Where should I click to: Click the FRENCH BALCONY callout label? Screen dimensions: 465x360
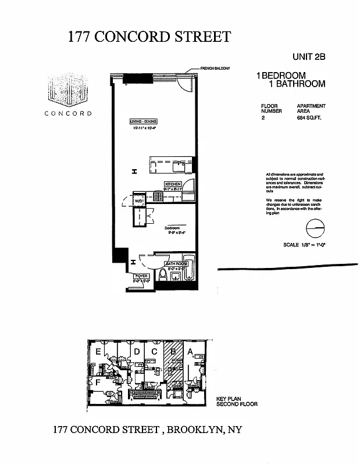215,69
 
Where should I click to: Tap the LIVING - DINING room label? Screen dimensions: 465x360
144,121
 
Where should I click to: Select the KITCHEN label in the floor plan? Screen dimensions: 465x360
173,183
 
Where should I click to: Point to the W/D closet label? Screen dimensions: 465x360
140,201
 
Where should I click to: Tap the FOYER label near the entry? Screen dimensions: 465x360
142,276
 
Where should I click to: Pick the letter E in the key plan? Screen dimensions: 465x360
99,352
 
